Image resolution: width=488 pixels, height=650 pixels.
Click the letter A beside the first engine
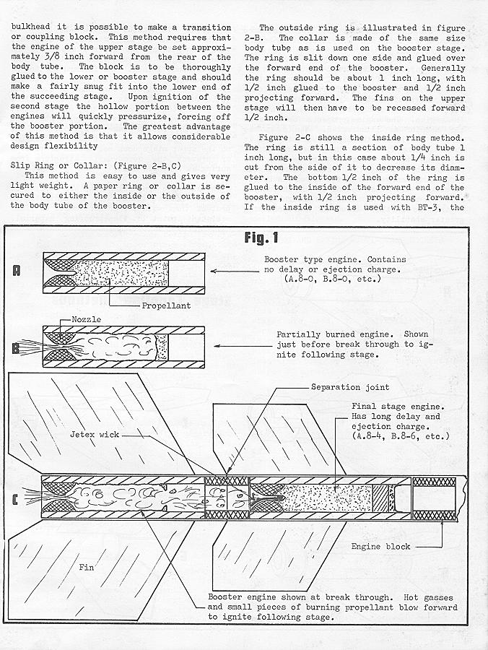[17, 272]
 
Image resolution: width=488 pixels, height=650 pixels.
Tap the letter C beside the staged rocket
[17, 498]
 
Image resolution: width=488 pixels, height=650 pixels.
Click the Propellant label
[166, 305]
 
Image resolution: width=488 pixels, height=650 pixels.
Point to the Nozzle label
[87, 318]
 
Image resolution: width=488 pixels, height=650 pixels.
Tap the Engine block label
[381, 547]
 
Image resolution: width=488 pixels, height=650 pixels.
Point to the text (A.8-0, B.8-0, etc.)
[336, 278]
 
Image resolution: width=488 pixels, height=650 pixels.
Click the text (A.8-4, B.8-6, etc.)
[400, 437]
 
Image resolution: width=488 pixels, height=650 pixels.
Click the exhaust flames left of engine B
[29, 344]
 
